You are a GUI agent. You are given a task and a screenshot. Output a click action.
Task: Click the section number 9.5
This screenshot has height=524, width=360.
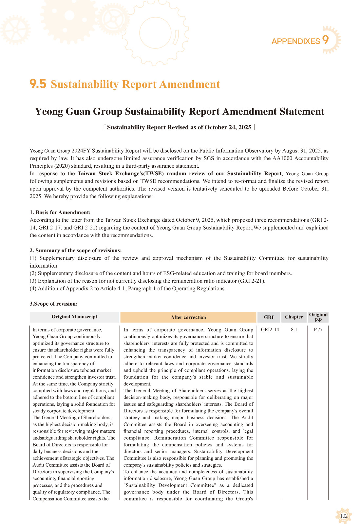[x=38, y=84]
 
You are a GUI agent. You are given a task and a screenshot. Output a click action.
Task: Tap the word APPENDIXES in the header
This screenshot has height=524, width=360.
[x=295, y=41]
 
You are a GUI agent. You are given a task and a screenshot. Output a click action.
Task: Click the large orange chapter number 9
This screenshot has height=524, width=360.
[x=325, y=40]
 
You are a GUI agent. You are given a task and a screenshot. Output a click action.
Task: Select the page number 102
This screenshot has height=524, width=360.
[x=344, y=516]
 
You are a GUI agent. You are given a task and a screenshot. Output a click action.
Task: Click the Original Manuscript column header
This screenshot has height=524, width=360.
[x=74, y=317]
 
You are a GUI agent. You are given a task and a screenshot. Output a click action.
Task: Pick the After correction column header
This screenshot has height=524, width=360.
[x=188, y=317]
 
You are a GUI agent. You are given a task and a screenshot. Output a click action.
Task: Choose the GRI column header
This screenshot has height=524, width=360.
[x=269, y=317]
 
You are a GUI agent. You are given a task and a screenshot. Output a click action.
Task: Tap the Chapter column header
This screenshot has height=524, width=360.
[x=294, y=317]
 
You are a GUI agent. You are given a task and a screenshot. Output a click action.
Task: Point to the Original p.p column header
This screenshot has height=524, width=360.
[x=318, y=317]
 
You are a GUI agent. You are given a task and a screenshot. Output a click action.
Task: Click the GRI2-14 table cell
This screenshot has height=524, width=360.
[x=270, y=329]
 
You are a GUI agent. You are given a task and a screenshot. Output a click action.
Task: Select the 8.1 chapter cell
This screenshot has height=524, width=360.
[x=294, y=329]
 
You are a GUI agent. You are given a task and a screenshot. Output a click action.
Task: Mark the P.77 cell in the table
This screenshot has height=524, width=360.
[x=318, y=329]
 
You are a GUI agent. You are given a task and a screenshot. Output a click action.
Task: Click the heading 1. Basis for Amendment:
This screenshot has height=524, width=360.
[x=60, y=212]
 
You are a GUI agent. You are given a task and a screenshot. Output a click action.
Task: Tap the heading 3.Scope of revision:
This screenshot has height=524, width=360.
[x=53, y=304]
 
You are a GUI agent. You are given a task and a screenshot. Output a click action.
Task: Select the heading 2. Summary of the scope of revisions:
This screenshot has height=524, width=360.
[x=76, y=250]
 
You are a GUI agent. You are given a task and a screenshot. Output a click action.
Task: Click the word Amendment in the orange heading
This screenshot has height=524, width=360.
[x=190, y=84]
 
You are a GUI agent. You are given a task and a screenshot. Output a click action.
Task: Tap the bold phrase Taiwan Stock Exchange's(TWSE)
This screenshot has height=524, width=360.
[x=121, y=174]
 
